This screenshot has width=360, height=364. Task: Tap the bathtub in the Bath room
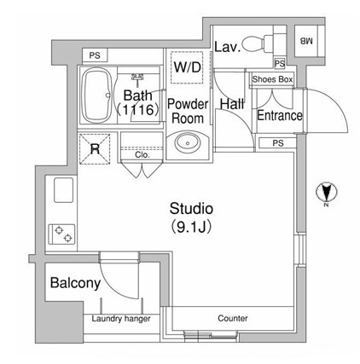click(x=96, y=95)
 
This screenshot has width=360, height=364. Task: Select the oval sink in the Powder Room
click(x=188, y=142)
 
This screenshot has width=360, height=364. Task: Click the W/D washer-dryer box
click(x=187, y=67)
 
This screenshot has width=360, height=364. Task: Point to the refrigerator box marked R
click(x=95, y=148)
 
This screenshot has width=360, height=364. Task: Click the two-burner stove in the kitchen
click(x=62, y=234)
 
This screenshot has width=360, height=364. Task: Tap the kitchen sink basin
click(x=63, y=190)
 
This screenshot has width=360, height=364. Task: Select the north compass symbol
click(x=327, y=193)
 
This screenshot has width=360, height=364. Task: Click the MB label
click(x=306, y=41)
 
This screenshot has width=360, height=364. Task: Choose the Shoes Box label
click(x=272, y=79)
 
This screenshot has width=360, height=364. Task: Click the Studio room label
click(x=191, y=209)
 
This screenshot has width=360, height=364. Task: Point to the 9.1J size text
click(x=191, y=227)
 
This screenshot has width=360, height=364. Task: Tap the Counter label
click(x=233, y=318)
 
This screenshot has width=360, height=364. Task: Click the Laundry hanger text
click(x=121, y=319)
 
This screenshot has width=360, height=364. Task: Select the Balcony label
click(x=75, y=283)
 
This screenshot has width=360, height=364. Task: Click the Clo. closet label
click(x=142, y=155)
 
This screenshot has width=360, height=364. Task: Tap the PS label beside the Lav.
click(x=280, y=63)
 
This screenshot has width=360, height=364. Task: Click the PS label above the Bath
click(x=95, y=55)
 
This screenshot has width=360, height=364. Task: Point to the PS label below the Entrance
click(x=278, y=143)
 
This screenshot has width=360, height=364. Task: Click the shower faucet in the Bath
click(x=138, y=78)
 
